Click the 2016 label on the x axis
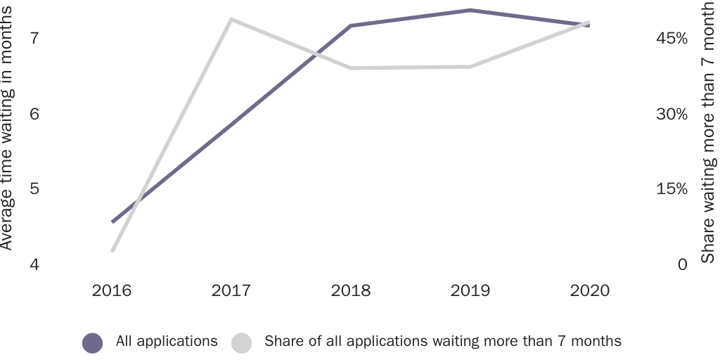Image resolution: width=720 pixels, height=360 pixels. [x=112, y=291]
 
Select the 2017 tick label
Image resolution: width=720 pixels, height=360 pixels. [x=231, y=291]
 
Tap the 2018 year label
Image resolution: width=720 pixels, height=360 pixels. [x=350, y=291]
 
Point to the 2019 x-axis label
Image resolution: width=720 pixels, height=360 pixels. [x=470, y=291]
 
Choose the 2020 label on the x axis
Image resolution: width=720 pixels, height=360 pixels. [x=589, y=291]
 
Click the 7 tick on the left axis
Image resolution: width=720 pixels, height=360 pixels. [x=34, y=38]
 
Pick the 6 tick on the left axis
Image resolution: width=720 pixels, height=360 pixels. [x=34, y=114]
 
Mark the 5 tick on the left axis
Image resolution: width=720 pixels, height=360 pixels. [x=34, y=190]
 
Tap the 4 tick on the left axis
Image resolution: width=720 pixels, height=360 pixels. [x=34, y=266]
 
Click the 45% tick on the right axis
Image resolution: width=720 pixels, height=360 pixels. [x=671, y=38]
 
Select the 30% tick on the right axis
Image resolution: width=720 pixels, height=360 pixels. [x=671, y=114]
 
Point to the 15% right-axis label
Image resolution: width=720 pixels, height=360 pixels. [x=671, y=190]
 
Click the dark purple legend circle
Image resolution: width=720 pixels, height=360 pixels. [x=93, y=342]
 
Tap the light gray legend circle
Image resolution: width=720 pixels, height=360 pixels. [x=241, y=342]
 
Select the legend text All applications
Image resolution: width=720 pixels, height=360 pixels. [x=167, y=342]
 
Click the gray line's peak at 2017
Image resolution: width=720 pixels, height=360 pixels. [x=231, y=19]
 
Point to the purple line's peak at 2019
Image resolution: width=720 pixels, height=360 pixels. [x=470, y=11]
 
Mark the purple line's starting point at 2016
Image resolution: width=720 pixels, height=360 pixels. [x=112, y=221]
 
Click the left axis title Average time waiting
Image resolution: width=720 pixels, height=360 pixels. [x=7, y=127]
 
